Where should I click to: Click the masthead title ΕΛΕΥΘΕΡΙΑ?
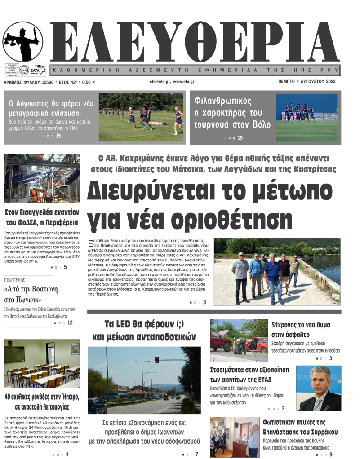click(x=193, y=43)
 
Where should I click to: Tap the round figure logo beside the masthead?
click(x=23, y=42)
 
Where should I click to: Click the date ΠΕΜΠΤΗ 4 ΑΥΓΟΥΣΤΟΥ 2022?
click(x=307, y=82)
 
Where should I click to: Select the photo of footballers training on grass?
click(x=141, y=117)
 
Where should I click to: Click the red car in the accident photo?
click(x=257, y=344)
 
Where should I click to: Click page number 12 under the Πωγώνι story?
click(x=70, y=322)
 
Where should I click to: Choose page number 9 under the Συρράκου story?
click(x=331, y=455)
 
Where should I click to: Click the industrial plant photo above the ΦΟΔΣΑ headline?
click(x=42, y=178)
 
